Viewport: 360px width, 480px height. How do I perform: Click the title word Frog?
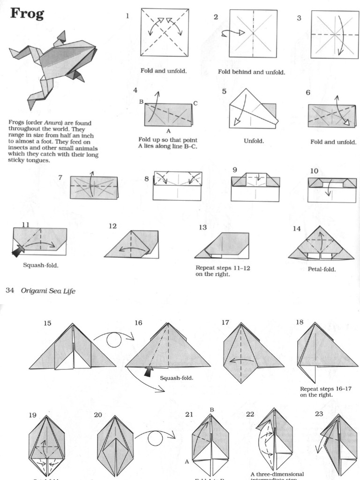[x=27, y=14]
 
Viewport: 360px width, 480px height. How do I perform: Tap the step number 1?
[x=127, y=16]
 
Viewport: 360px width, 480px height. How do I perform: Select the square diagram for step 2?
[x=253, y=33]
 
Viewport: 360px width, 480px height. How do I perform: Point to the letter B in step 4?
[x=141, y=101]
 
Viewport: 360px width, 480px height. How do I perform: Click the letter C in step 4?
[x=195, y=103]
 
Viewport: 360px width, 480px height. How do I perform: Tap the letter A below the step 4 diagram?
[x=168, y=131]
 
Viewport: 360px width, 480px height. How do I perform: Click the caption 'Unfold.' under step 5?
[x=254, y=140]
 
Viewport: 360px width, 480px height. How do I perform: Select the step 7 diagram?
[x=94, y=187]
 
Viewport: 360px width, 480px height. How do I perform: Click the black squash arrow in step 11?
[x=18, y=251]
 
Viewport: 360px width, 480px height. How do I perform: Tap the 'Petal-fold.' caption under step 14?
[x=321, y=270]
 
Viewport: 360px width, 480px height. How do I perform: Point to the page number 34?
[x=9, y=291]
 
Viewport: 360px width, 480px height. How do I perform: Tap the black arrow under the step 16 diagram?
[x=150, y=372]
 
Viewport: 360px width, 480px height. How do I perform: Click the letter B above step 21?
[x=211, y=409]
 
